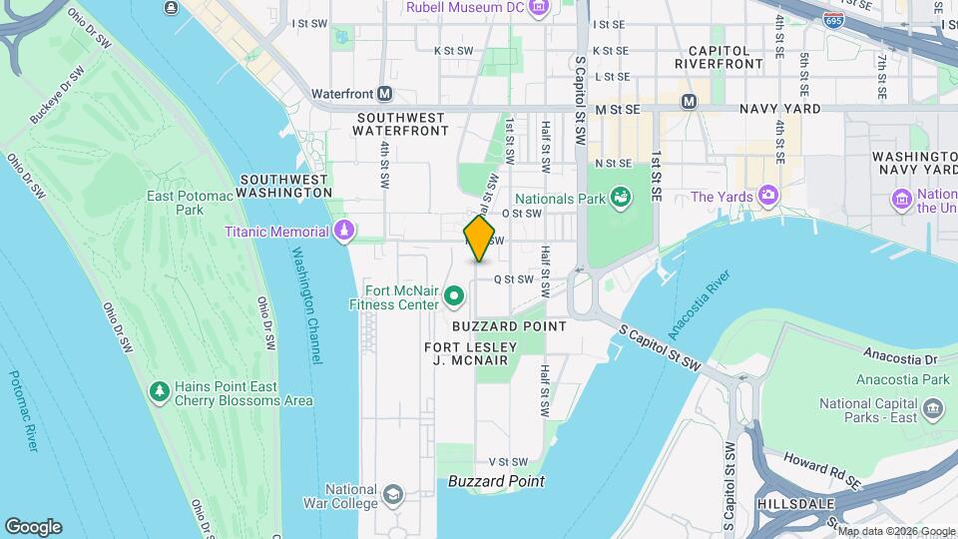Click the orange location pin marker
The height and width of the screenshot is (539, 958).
480,239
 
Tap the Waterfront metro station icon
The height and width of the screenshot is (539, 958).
384,94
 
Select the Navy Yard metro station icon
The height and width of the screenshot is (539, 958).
688,102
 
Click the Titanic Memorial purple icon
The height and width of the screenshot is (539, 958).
343,232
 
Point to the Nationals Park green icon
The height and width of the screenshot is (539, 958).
621,198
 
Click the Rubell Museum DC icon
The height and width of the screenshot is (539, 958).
539,8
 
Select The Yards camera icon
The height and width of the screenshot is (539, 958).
767,196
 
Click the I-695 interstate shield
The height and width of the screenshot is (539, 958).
831,19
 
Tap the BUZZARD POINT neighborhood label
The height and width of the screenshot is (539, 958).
508,326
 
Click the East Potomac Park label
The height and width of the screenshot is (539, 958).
190,203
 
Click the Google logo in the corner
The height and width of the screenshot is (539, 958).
33,526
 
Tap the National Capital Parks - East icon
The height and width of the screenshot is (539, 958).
932,408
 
